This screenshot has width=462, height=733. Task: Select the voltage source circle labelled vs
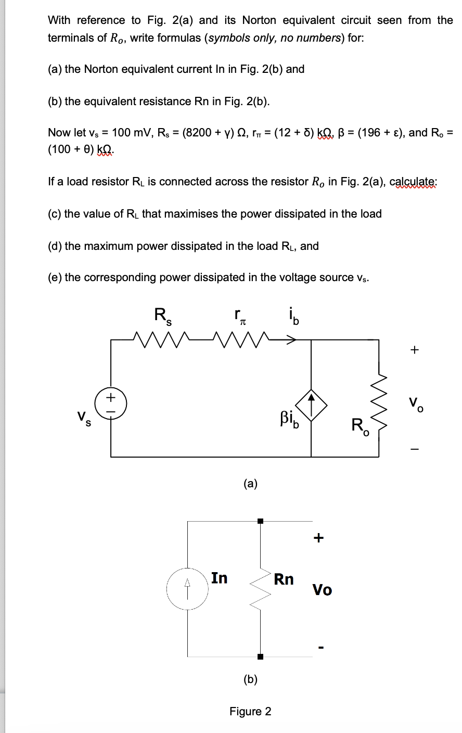(111, 404)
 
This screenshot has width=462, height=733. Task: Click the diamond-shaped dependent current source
(311, 405)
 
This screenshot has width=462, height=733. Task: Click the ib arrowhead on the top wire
(292, 340)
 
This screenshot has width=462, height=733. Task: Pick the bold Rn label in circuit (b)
(284, 579)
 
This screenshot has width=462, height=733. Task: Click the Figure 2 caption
(250, 711)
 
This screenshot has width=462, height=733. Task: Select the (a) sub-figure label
(250, 484)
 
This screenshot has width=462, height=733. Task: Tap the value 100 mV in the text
(135, 132)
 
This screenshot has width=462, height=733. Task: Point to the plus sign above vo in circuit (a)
(414, 350)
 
